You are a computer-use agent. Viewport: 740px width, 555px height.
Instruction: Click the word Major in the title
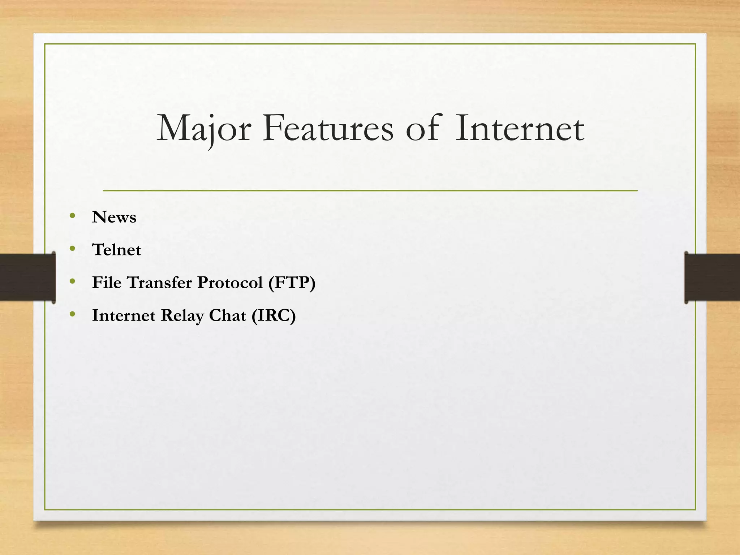click(x=204, y=129)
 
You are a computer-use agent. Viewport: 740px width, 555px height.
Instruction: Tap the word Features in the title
click(x=328, y=129)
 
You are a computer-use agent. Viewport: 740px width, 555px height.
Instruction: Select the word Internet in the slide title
click(x=519, y=129)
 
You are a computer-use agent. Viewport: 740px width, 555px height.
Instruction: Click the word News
click(x=114, y=217)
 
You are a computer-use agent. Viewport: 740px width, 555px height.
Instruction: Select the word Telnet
click(x=116, y=250)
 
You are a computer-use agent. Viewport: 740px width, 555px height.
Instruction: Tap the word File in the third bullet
click(x=107, y=283)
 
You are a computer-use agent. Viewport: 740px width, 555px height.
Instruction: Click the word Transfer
click(x=159, y=283)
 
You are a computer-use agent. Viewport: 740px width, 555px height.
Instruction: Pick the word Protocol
click(x=230, y=283)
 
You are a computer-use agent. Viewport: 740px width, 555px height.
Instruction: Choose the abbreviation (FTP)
click(x=292, y=283)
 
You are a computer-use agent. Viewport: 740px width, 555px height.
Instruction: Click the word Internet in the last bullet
click(x=124, y=315)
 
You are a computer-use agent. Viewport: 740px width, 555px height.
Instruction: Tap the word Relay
click(x=182, y=315)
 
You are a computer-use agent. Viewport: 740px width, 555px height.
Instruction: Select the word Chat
click(x=227, y=315)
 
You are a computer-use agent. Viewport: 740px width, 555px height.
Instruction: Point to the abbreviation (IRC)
click(x=274, y=315)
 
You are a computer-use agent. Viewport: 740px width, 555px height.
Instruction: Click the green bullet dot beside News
click(x=73, y=216)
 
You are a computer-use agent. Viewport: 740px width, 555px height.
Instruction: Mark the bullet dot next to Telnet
click(x=73, y=249)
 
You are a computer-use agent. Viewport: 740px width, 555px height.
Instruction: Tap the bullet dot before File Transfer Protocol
click(x=73, y=281)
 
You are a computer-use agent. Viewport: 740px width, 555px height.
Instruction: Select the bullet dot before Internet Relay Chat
click(x=73, y=314)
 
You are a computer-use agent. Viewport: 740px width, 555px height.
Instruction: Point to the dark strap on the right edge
click(x=712, y=277)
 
